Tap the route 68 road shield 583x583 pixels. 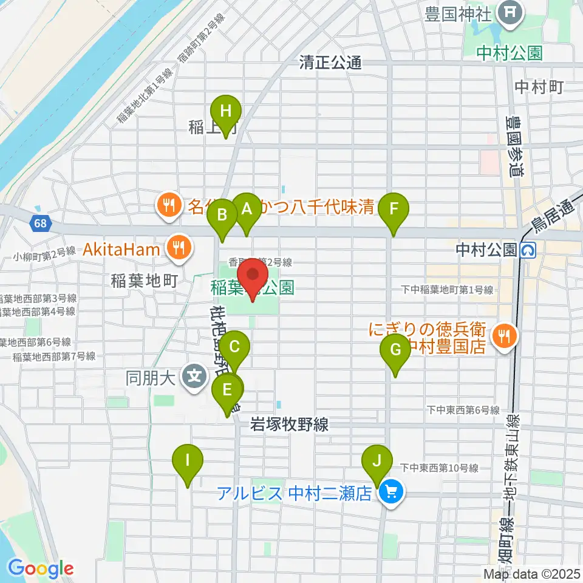coord(40,224)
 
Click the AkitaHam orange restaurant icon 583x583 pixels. coord(178,247)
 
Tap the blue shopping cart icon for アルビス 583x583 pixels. coord(389,493)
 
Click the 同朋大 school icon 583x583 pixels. coord(195,378)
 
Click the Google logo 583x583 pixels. coord(41,568)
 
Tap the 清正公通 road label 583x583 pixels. coord(330,62)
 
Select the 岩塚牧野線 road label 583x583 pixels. coord(290,424)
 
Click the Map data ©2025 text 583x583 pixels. coord(532,573)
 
